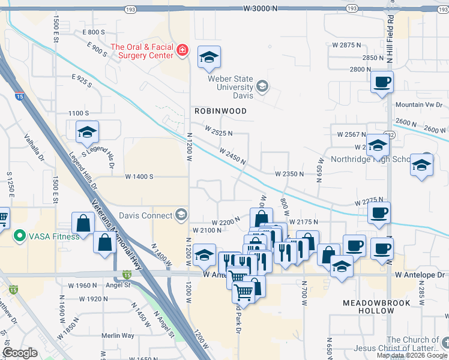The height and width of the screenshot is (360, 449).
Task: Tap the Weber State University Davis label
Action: tap(231, 87)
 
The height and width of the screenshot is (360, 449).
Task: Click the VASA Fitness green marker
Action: tap(19, 236)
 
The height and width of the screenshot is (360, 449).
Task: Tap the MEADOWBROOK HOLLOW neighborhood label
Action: tap(376, 307)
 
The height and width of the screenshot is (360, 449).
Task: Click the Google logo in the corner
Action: tap(20, 352)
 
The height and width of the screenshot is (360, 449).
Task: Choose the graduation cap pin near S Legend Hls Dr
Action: tap(87, 131)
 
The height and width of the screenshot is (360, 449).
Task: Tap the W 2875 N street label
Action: tap(348, 45)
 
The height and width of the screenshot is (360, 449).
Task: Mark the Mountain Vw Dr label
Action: tap(418, 105)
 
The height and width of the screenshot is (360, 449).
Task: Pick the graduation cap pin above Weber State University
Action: tap(209, 57)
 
